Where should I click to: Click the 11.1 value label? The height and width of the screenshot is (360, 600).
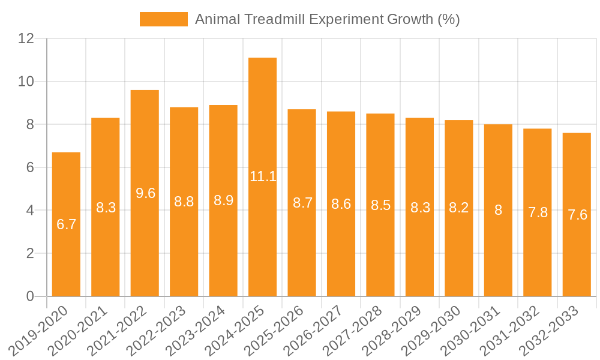tap(263, 176)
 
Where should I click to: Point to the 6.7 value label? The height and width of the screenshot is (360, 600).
tap(66, 224)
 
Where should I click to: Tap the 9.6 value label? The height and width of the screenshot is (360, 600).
tap(145, 193)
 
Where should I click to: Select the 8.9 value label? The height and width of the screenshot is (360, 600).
tap(223, 200)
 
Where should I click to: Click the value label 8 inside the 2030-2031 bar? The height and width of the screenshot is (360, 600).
tap(498, 210)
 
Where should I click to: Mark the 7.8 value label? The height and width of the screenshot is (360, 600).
tap(538, 212)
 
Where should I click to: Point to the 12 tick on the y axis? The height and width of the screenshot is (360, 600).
tap(26, 38)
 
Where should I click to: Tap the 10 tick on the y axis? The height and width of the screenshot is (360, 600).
tap(26, 82)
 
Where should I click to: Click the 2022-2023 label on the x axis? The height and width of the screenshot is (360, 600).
tap(161, 329)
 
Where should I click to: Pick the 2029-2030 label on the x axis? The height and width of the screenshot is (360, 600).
tap(436, 329)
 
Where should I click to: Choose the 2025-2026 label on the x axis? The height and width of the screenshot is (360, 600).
tap(279, 329)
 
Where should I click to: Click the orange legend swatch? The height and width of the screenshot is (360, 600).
tap(163, 19)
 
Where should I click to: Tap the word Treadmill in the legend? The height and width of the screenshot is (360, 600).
tap(275, 19)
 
